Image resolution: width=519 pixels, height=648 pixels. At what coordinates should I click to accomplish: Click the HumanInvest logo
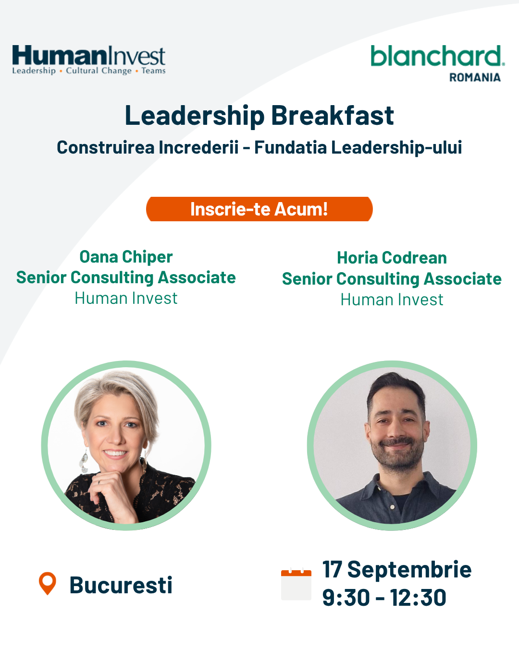click(88, 60)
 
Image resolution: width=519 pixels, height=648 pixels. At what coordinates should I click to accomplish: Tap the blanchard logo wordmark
click(438, 56)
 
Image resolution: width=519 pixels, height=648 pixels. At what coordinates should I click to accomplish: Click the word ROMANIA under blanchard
click(475, 77)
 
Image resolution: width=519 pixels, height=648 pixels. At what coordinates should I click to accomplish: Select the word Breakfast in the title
click(333, 115)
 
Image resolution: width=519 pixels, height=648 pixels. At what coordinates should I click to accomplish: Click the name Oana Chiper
click(126, 257)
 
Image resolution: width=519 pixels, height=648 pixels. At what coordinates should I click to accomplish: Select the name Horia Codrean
click(392, 258)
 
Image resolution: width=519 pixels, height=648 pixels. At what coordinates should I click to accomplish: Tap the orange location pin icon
click(48, 583)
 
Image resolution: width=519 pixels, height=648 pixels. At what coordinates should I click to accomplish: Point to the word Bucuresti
click(121, 585)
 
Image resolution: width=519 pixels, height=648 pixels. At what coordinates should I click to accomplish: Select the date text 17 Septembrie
click(397, 570)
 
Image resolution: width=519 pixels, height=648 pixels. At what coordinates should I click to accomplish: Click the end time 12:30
click(418, 598)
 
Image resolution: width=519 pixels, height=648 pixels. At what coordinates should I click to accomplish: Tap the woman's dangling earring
click(84, 460)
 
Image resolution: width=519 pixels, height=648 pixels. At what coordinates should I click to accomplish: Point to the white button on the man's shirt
click(392, 507)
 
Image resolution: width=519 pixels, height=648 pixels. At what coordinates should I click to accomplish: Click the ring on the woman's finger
click(99, 482)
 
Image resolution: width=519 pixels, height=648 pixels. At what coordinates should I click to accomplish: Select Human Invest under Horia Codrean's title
click(392, 300)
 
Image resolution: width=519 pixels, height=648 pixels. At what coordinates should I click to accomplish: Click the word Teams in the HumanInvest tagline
click(153, 71)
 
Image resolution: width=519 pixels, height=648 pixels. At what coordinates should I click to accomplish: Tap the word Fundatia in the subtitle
click(290, 147)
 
